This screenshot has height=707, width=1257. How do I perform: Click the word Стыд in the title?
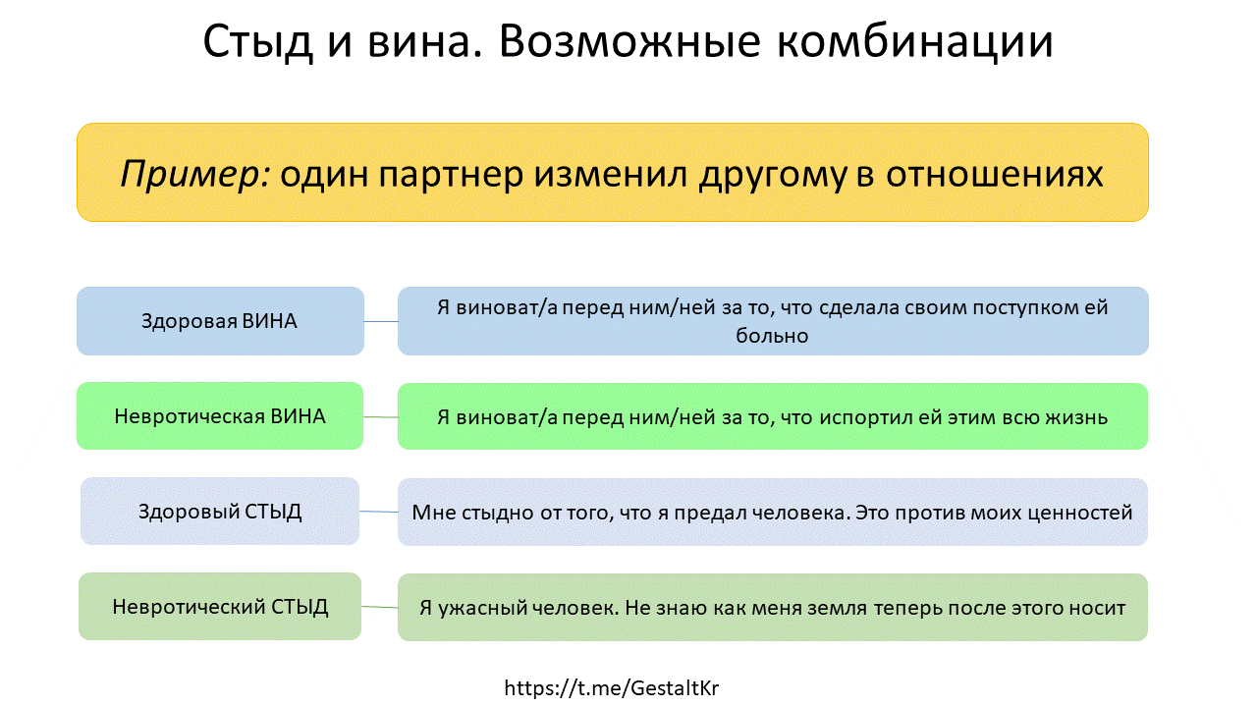(257, 42)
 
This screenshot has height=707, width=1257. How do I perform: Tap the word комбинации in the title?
(914, 42)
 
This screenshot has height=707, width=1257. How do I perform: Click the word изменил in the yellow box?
(611, 174)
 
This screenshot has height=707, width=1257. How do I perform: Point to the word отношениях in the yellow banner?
(995, 174)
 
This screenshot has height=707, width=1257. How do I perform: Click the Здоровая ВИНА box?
(220, 321)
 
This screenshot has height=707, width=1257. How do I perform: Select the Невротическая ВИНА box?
(220, 415)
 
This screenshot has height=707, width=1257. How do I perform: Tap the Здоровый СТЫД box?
(220, 512)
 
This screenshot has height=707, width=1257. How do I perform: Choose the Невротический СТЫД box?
(220, 607)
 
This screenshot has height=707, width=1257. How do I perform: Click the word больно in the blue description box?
(772, 336)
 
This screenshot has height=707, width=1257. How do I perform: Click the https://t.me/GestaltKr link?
(611, 688)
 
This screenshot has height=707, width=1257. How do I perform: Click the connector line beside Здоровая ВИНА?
(381, 321)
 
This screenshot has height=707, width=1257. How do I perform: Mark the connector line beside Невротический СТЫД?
(379, 607)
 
